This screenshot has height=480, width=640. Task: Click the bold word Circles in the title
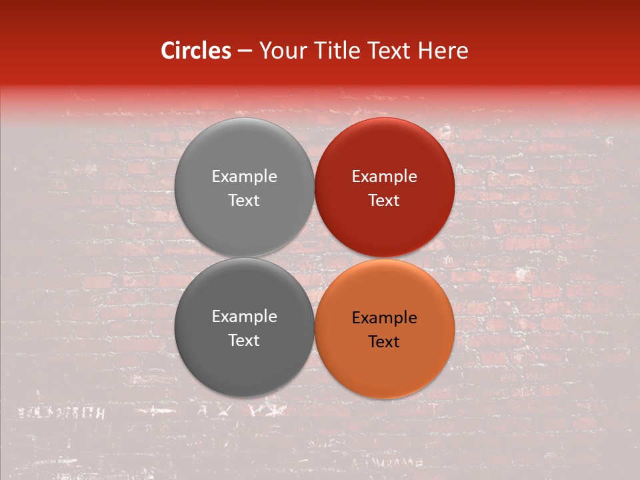click(196, 51)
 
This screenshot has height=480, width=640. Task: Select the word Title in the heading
click(338, 51)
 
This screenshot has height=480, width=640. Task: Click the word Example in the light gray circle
click(244, 177)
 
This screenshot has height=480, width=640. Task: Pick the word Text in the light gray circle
click(244, 201)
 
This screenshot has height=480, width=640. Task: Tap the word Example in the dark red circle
click(384, 177)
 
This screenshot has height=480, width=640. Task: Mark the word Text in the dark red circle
click(384, 201)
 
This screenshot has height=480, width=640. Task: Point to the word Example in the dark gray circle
click(244, 317)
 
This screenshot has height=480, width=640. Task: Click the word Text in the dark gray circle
click(244, 341)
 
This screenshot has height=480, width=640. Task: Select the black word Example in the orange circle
click(384, 318)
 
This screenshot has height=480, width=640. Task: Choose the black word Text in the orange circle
click(384, 342)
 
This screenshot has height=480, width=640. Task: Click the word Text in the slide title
click(391, 51)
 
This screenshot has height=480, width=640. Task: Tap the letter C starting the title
click(168, 51)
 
